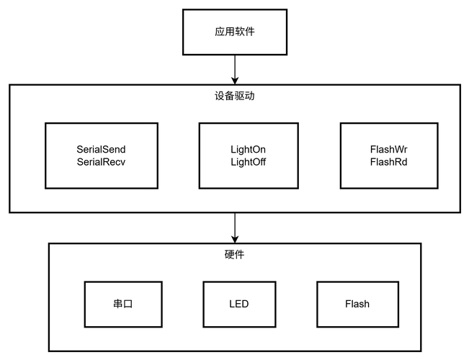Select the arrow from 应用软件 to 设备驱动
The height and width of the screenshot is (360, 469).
coord(234,68)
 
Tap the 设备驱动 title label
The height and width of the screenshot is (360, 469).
coord(234,96)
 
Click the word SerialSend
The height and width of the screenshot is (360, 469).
coord(101,149)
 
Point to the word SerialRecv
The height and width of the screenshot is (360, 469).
coord(101,162)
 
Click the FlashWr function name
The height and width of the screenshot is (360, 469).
coord(389,149)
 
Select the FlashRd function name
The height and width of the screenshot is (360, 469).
coord(389,162)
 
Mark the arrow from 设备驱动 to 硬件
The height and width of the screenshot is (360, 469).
coord(234,227)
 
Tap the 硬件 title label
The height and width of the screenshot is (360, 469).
coord(234,254)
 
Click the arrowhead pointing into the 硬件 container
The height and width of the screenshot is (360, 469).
coord(234,238)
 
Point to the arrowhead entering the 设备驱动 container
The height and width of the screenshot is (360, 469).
coord(234,80)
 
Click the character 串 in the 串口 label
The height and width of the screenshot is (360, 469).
coord(117,304)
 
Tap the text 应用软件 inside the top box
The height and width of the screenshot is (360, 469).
coord(234,32)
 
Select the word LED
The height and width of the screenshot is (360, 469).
coord(238,304)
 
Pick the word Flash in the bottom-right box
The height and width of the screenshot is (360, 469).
coord(357,304)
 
